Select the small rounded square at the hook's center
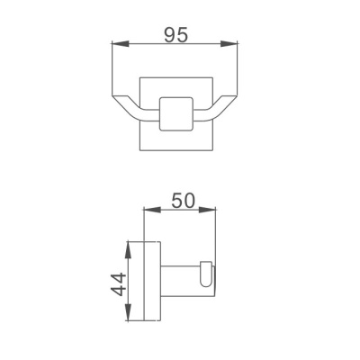click(x=176, y=113)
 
